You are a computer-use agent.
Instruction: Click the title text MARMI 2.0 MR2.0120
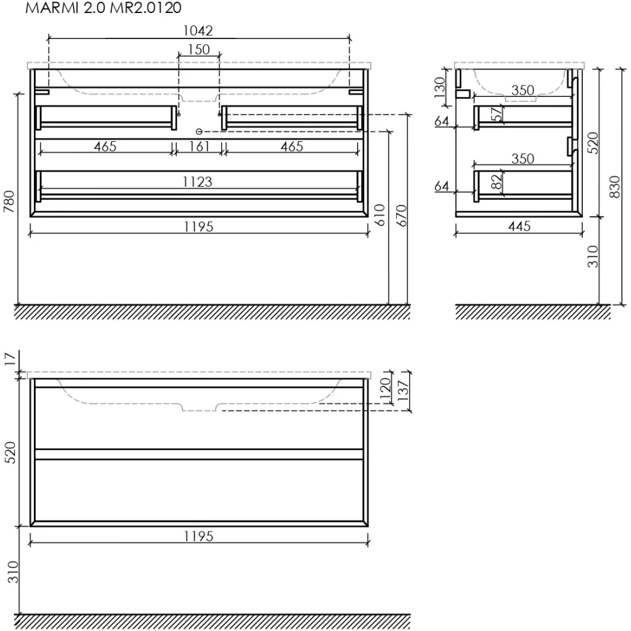[103, 8]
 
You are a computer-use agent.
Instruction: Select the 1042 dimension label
[198, 31]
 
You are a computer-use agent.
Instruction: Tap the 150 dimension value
[199, 49]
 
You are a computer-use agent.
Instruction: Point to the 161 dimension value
[199, 146]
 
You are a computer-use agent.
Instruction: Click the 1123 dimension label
[198, 182]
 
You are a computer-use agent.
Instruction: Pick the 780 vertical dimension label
[9, 202]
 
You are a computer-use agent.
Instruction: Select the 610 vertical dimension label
[380, 215]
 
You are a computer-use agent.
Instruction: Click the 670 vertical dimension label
[401, 215]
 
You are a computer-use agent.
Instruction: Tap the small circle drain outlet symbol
[199, 131]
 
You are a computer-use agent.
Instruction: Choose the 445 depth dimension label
[519, 226]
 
